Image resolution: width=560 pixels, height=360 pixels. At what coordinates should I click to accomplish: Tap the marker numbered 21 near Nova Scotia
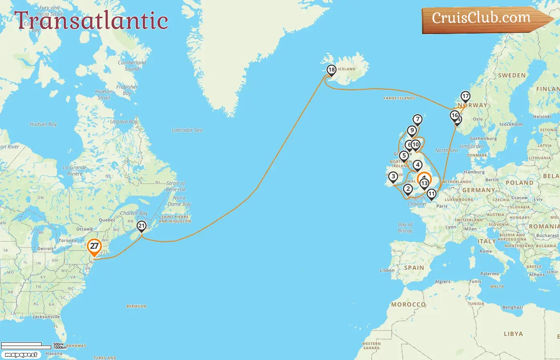point(142,226)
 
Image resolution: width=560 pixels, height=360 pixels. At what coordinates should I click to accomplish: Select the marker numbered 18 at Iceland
point(331,70)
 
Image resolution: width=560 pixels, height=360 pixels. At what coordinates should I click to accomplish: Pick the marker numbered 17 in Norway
point(465,96)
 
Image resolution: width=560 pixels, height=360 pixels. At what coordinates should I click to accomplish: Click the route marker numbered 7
point(418,119)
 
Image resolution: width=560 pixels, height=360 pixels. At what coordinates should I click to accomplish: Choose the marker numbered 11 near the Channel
point(431,194)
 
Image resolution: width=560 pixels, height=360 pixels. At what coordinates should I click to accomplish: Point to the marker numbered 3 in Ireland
point(393,176)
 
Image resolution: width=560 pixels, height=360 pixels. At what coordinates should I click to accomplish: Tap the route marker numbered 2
point(408,189)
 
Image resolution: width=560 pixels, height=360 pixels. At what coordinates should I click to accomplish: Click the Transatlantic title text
point(91,20)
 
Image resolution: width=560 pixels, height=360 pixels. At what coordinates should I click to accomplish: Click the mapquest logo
point(21,355)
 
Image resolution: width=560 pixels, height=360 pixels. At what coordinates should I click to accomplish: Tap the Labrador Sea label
point(187,130)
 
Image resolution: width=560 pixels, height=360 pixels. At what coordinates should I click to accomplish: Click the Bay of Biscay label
point(405,228)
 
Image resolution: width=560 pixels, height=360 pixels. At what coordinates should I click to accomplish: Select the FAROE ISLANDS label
point(399,98)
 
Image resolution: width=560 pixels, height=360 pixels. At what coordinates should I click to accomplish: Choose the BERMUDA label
point(136,306)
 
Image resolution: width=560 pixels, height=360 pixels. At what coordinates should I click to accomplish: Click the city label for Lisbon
point(387,270)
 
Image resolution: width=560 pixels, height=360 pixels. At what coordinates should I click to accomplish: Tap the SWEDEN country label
point(512,75)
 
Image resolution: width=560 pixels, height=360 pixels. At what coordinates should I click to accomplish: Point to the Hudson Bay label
point(43,124)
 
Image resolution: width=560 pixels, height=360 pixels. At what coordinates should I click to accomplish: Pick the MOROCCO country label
point(408,304)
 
